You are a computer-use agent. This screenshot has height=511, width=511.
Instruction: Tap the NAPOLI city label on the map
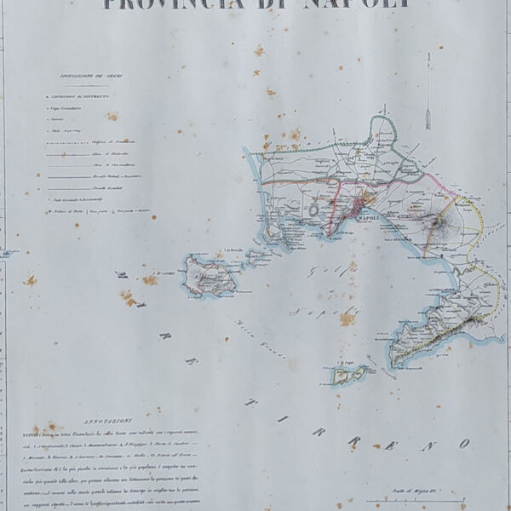click(x=371, y=219)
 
